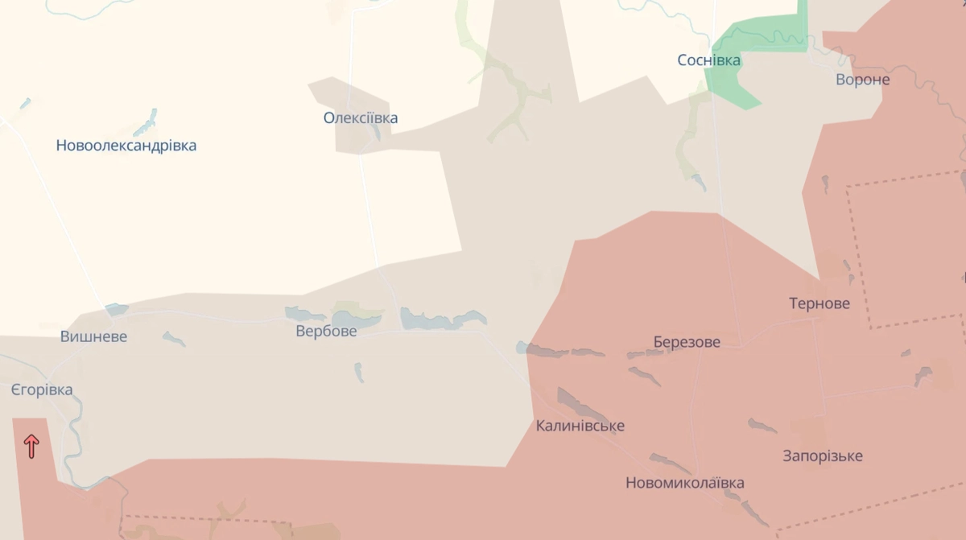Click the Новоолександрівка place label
tap(126, 146)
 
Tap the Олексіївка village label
tap(361, 118)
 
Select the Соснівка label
tap(709, 60)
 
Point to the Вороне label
tap(863, 80)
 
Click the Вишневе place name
tap(93, 336)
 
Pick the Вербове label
tap(326, 331)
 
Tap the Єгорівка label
tap(42, 390)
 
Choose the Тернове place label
tap(819, 303)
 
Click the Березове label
tap(687, 342)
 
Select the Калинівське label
tap(580, 426)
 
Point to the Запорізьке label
tap(823, 455)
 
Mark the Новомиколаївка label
tap(685, 483)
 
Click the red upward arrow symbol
tap(31, 446)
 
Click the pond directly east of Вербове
tap(441, 320)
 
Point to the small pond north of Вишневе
tap(116, 310)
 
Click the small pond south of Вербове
tap(359, 372)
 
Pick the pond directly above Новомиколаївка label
tap(670, 462)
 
